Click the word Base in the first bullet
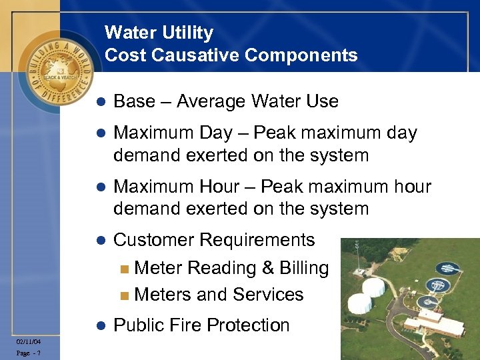pos(134,101)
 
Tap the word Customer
pos(154,240)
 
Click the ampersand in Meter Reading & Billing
pos(269,268)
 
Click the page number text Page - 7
pos(28,353)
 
